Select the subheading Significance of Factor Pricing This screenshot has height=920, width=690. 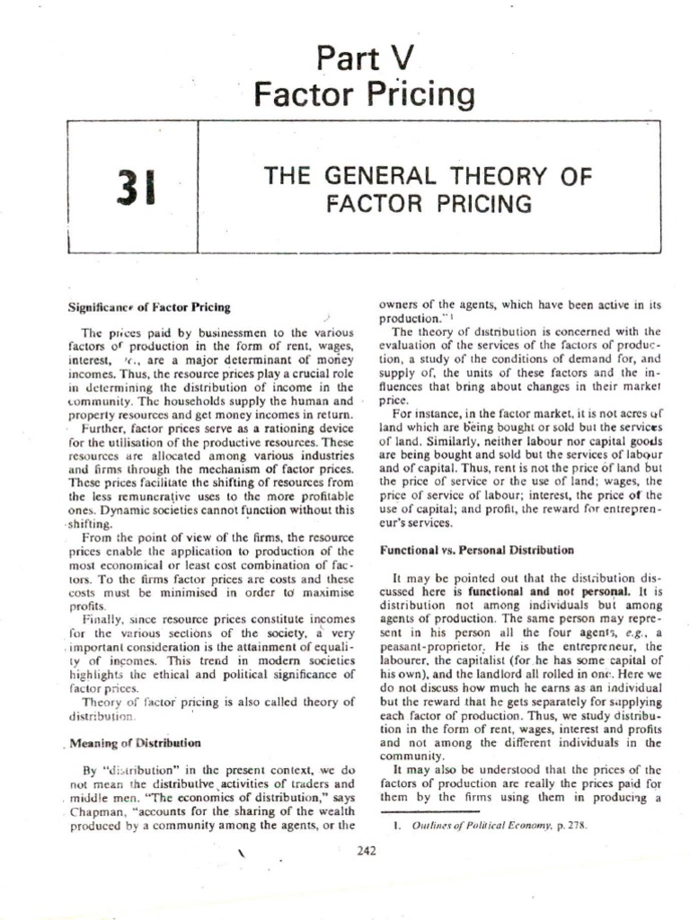coord(149,307)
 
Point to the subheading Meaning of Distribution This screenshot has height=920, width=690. coord(135,743)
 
